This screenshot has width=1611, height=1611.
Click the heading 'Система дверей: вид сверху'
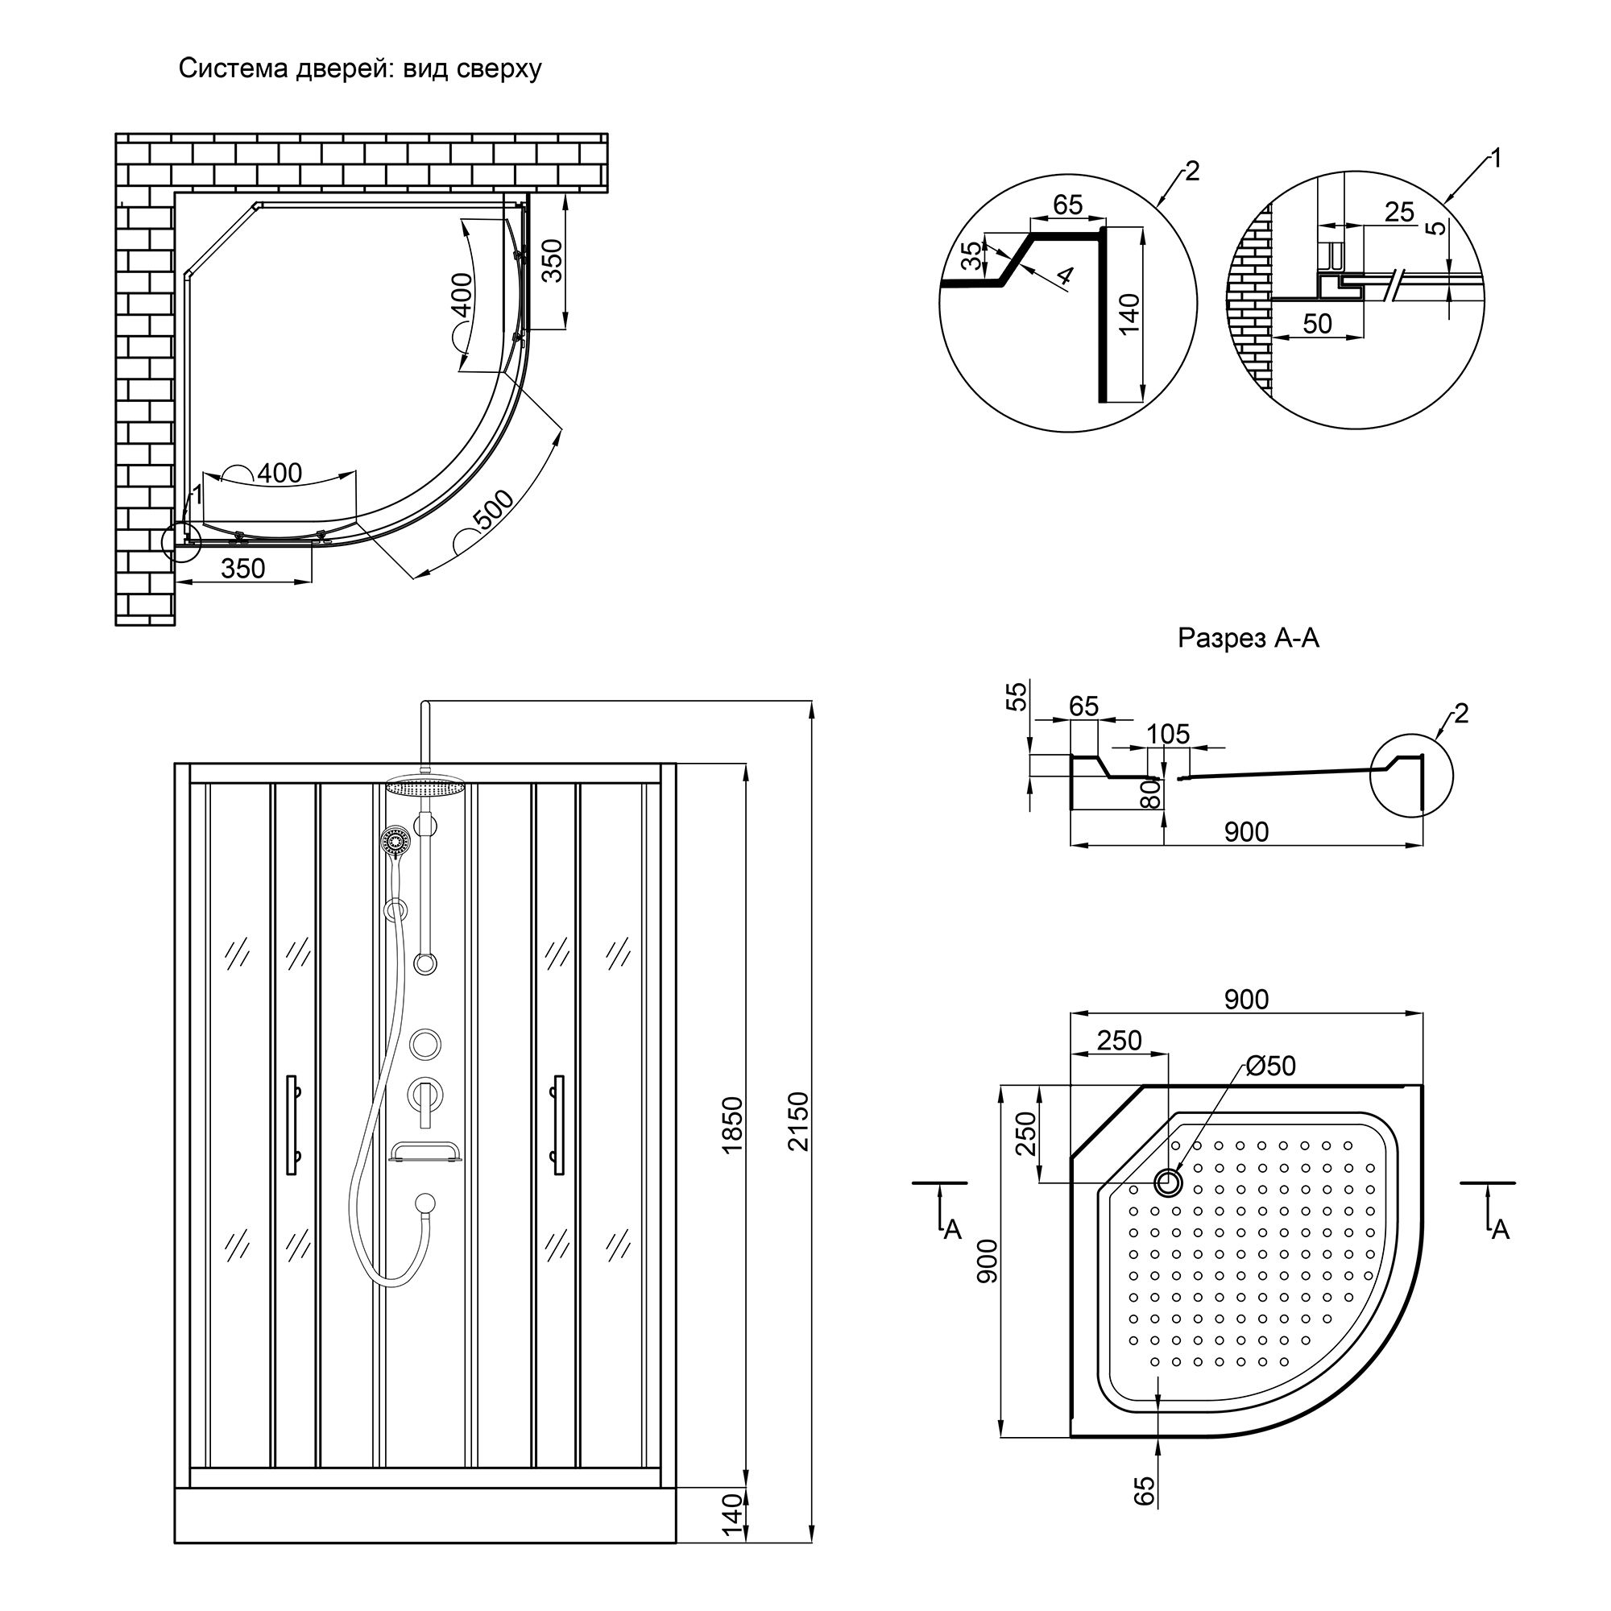pyautogui.click(x=359, y=68)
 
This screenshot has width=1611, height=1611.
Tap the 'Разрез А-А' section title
pyautogui.click(x=1248, y=638)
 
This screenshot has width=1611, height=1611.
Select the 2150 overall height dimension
pyautogui.click(x=798, y=1120)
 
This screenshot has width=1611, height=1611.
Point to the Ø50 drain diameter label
pyautogui.click(x=1271, y=1066)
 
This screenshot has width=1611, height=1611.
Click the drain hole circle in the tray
pyautogui.click(x=1168, y=1182)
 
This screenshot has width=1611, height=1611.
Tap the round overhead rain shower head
pyautogui.click(x=424, y=787)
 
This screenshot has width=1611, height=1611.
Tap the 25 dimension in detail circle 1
pyautogui.click(x=1399, y=212)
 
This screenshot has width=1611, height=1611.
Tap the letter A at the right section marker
pyautogui.click(x=1500, y=1230)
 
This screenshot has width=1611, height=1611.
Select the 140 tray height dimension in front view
pyautogui.click(x=731, y=1539)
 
